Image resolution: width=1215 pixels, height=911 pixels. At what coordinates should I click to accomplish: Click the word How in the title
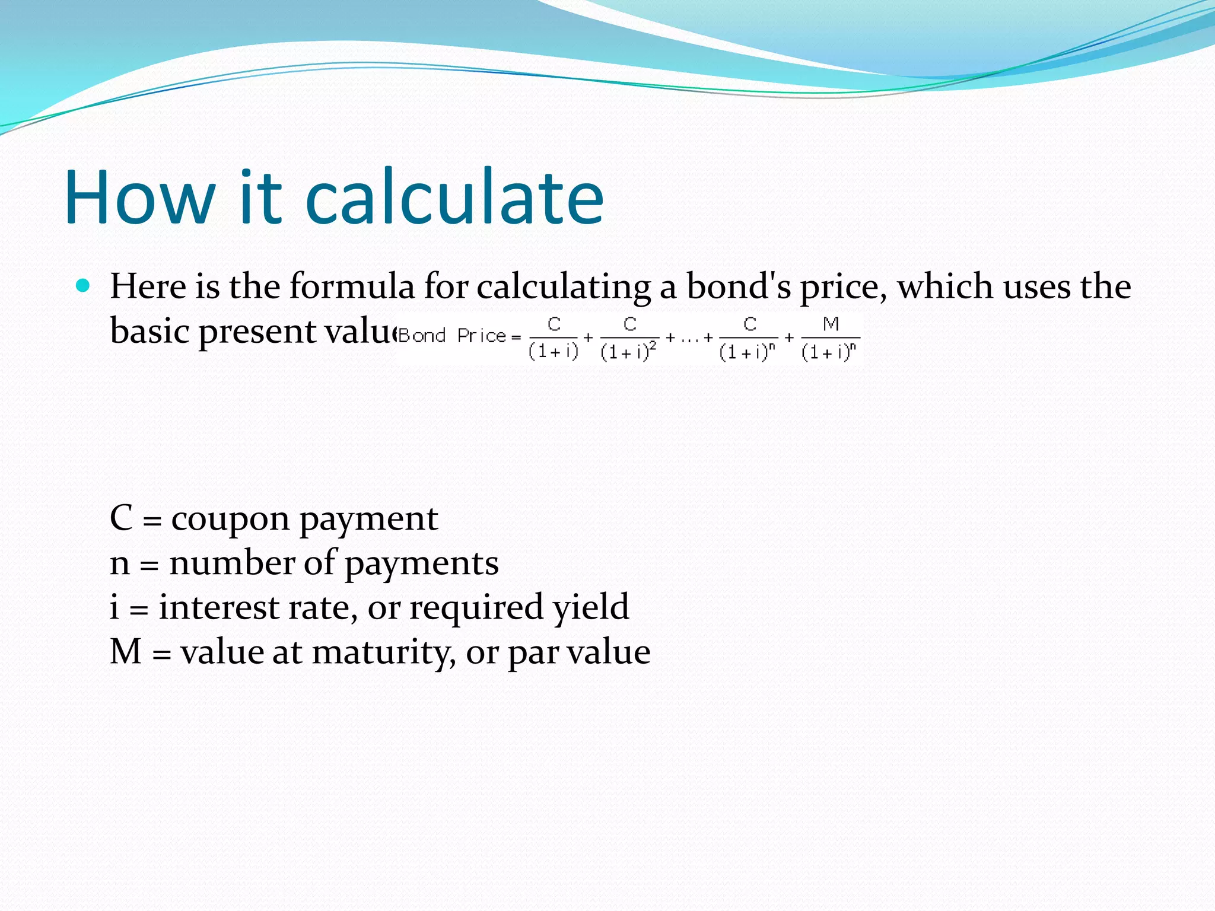pyautogui.click(x=139, y=198)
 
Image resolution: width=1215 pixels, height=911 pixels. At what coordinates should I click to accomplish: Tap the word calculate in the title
pyautogui.click(x=454, y=198)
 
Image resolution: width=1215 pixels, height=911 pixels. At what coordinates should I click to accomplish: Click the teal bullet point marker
pyautogui.click(x=83, y=286)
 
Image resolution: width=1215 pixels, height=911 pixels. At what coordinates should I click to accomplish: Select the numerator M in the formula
pyautogui.click(x=831, y=324)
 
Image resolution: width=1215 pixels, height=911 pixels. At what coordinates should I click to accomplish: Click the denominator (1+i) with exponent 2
pyautogui.click(x=628, y=352)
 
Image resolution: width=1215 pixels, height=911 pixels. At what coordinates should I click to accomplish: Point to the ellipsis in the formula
pyautogui.click(x=689, y=339)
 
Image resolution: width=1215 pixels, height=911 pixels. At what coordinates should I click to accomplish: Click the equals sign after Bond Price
pyautogui.click(x=516, y=337)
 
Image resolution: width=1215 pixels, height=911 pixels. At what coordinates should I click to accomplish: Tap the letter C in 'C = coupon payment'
pyautogui.click(x=121, y=518)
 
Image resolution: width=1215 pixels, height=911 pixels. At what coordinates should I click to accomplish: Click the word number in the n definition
pyautogui.click(x=232, y=563)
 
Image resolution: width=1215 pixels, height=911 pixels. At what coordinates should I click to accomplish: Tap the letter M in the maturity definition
pyautogui.click(x=126, y=652)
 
